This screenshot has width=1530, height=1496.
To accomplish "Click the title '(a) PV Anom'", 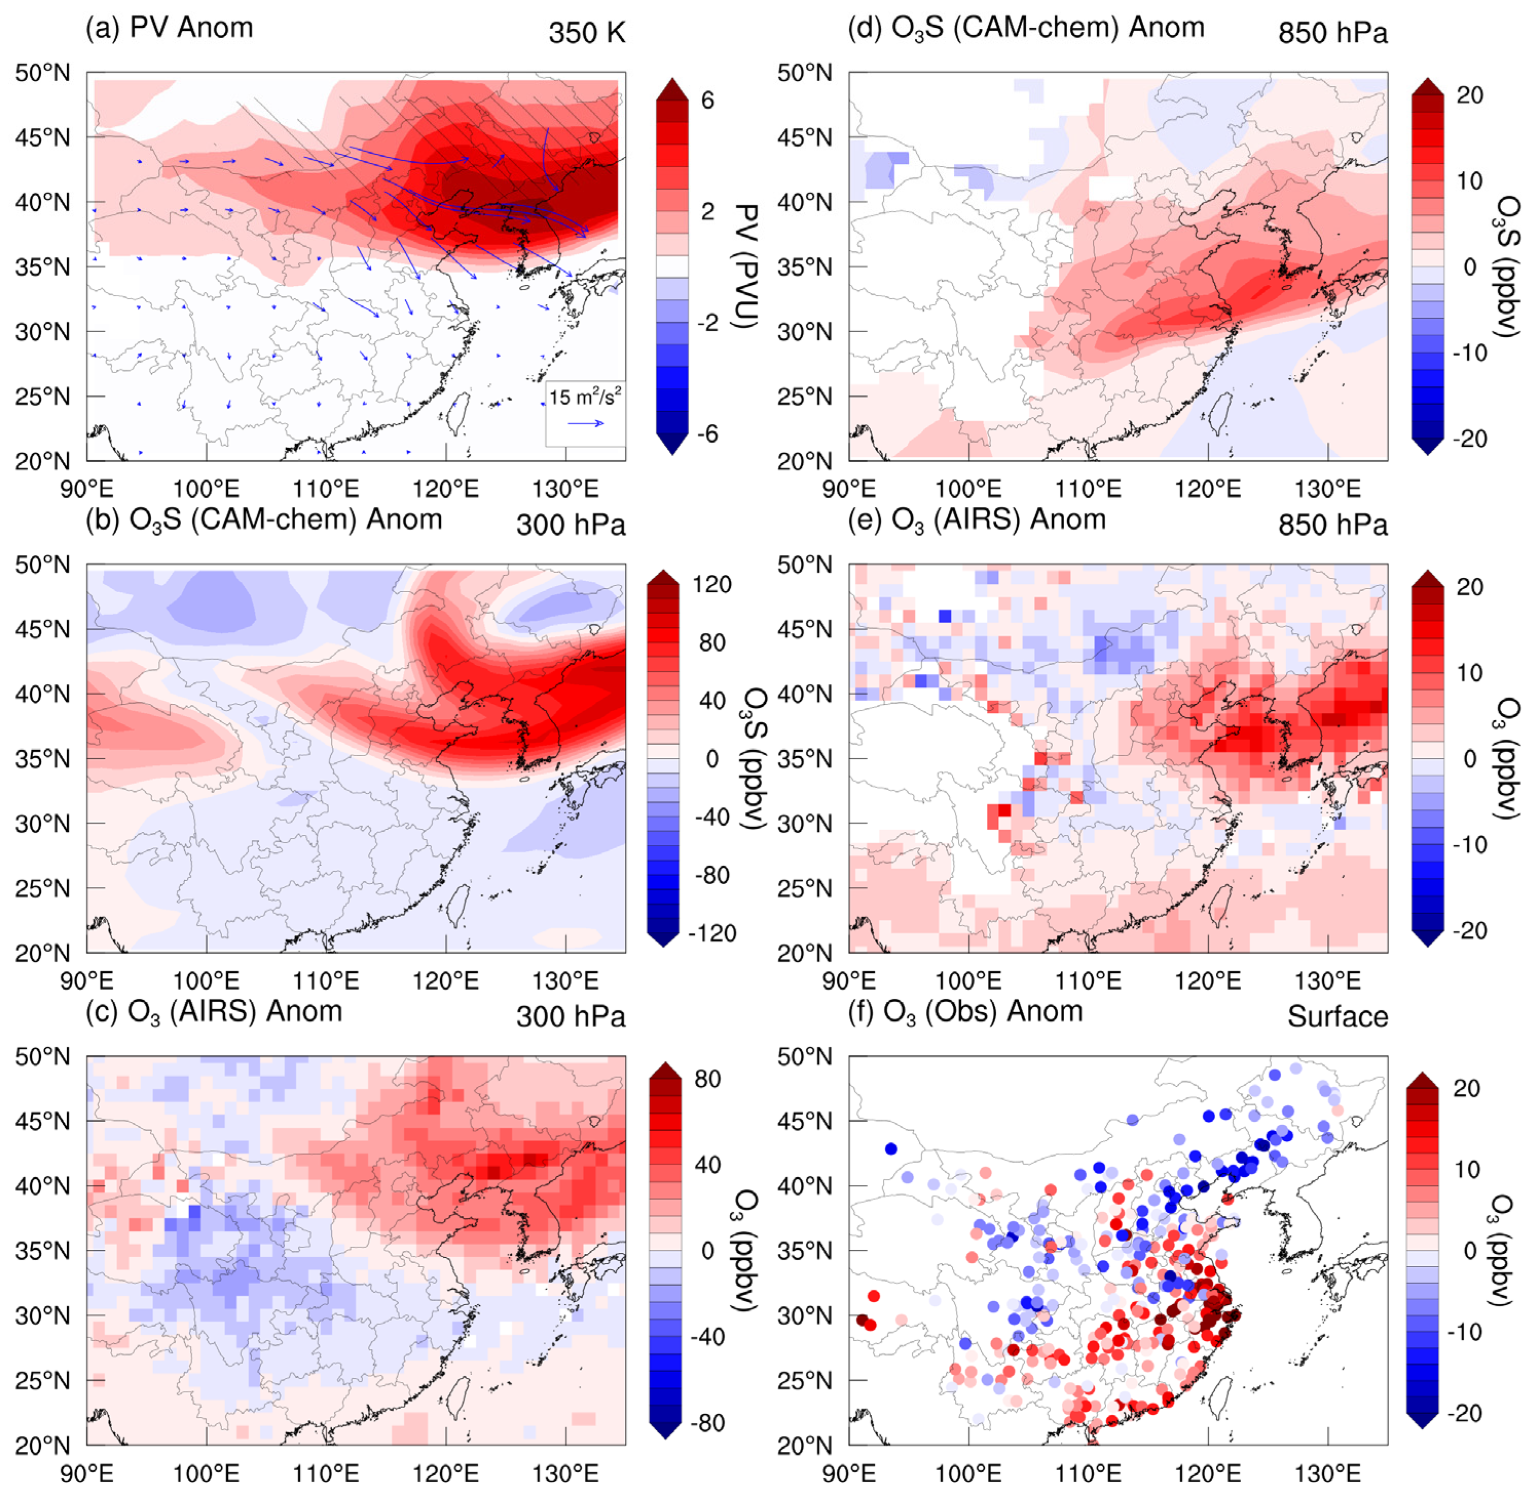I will click(169, 28).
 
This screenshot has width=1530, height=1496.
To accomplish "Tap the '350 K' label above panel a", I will click(586, 33).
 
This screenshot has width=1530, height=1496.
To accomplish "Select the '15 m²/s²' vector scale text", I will click(585, 397).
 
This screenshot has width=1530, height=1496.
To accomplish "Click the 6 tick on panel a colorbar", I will click(707, 100).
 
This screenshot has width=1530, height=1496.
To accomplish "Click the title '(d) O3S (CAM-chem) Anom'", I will click(1025, 28).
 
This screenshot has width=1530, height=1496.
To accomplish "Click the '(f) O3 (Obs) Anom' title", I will click(965, 1011).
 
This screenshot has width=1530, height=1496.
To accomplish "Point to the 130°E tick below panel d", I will click(1327, 489).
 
